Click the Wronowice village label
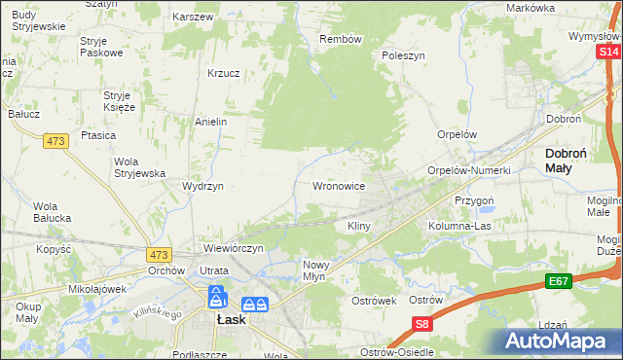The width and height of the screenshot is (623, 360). click(338, 185)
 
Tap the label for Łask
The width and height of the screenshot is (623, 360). click(230, 318)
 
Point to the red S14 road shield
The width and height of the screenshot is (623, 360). click(608, 66)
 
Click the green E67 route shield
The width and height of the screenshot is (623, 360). click(557, 282)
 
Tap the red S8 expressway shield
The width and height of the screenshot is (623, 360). click(421, 325)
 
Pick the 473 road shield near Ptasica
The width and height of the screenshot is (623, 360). click(55, 142)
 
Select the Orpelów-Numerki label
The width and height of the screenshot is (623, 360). click(469, 170)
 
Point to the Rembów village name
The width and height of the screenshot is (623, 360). click(341, 39)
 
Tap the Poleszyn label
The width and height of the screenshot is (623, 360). click(404, 56)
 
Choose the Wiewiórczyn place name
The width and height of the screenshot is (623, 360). click(234, 249)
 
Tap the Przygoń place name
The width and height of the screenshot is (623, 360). click(475, 199)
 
